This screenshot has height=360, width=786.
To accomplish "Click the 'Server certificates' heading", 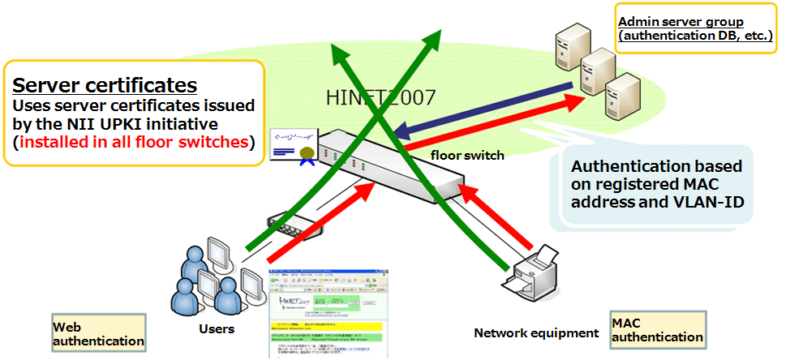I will [105, 85].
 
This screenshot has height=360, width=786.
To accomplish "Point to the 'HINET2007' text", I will [380, 98].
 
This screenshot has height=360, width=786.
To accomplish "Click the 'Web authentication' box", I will [98, 333].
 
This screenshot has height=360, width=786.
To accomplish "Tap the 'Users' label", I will [217, 329].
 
